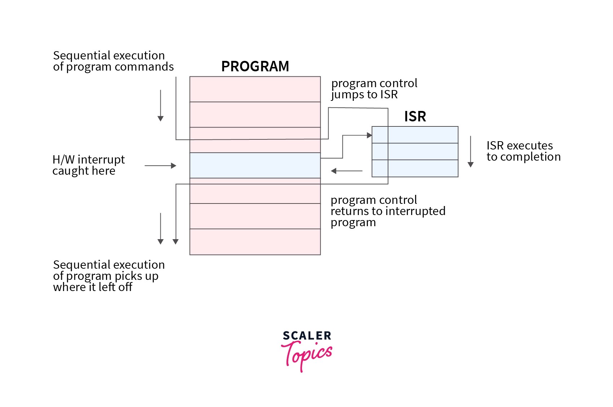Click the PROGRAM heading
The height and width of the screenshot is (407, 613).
(255, 66)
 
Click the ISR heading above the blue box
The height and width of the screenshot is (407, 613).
(415, 116)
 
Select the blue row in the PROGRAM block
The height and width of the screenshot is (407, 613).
(255, 165)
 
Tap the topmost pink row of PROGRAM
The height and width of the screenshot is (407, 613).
(255, 89)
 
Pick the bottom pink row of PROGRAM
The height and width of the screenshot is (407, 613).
(255, 242)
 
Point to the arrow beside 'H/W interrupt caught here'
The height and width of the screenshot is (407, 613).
(160, 166)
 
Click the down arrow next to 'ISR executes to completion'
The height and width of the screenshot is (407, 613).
(470, 152)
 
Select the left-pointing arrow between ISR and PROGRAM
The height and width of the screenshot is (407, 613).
(346, 171)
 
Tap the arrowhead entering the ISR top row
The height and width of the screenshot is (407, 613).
(369, 135)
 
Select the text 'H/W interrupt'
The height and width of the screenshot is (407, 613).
(89, 160)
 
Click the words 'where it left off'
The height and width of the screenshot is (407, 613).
(93, 287)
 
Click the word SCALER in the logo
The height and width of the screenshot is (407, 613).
(307, 336)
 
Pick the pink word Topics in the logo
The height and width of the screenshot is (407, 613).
(307, 354)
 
